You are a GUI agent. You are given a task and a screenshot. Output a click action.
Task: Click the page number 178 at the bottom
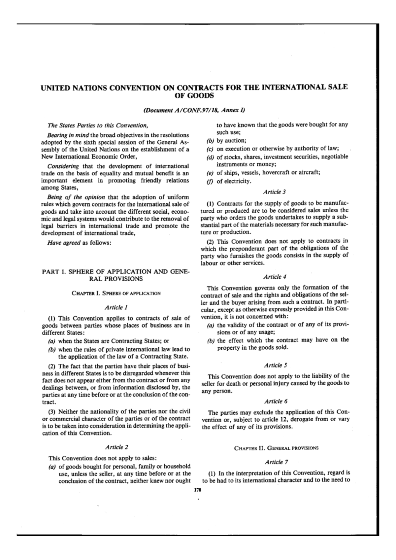coord(198,490)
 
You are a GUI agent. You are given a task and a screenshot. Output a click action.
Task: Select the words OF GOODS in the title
coord(194,96)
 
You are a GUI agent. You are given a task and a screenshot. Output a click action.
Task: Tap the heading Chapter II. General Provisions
coord(276,448)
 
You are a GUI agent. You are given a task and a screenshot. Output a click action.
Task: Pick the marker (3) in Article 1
coord(52,411)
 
